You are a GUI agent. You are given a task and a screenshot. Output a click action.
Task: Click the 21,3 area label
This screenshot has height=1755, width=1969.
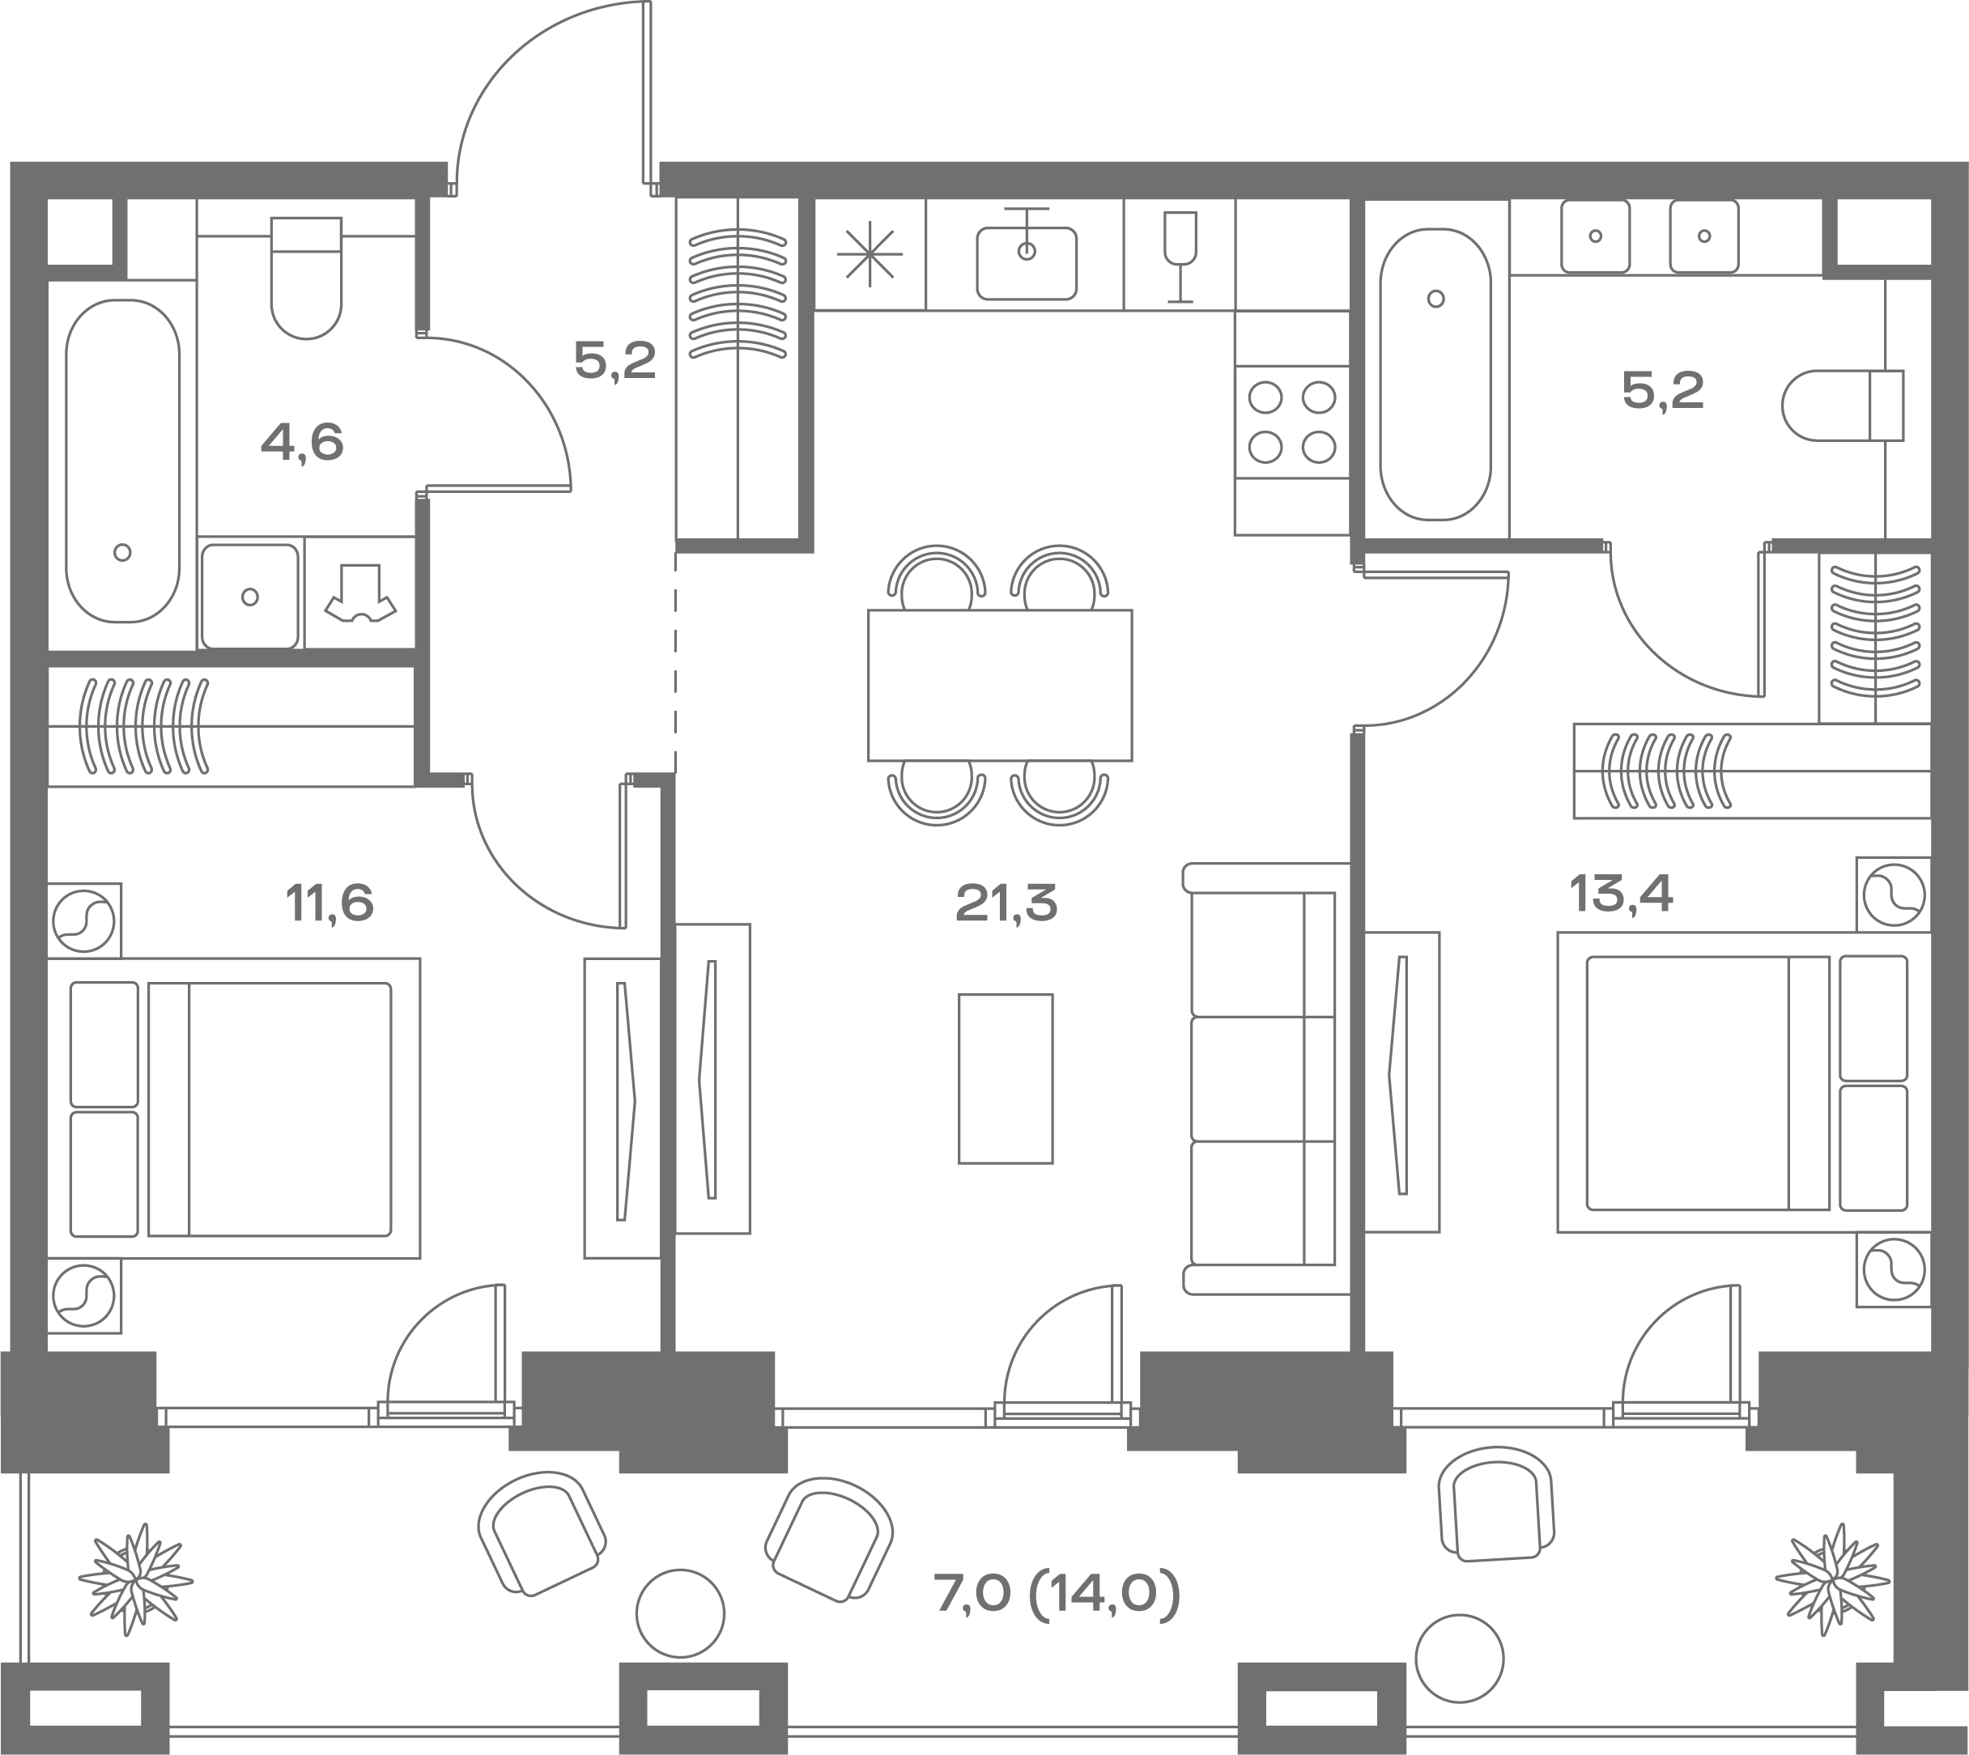pos(1006,903)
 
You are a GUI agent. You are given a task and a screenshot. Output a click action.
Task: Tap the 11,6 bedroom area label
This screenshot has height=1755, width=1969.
pos(329,903)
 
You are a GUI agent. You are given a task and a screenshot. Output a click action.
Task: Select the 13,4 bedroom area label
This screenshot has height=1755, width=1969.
pos(1621,894)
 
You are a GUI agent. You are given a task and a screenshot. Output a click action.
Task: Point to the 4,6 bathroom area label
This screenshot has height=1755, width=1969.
pos(302,443)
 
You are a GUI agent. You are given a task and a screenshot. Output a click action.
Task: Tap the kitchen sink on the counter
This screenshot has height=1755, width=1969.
pos(1027,257)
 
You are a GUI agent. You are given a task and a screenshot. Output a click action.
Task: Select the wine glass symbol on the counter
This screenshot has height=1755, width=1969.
pos(1180,257)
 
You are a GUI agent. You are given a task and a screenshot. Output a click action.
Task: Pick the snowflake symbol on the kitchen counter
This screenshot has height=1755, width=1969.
pos(870,254)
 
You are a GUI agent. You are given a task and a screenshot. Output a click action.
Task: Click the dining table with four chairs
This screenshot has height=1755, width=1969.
pos(999,686)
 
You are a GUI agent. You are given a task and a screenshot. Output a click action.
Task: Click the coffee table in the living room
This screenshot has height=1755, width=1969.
pos(1006,1078)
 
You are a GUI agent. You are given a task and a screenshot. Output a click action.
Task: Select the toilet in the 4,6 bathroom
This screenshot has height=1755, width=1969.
pos(307,278)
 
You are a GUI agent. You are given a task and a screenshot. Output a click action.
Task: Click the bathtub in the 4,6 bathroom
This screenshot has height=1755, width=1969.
pos(122,461)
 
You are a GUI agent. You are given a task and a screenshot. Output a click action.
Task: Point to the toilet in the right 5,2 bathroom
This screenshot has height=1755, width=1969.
pos(1843,406)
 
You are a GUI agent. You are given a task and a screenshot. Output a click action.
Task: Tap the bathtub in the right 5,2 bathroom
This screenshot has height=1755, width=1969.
pos(1435,374)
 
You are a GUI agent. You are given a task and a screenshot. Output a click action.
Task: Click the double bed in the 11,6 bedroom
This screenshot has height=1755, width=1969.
pos(233,1108)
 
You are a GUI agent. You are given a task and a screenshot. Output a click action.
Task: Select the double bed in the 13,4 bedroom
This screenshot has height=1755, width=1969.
pos(1743,1082)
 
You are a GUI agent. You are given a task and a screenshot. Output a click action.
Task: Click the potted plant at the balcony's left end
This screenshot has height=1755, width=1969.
pos(135,1579)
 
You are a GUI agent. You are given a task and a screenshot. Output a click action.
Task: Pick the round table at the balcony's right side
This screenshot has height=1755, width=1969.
pos(1460,1659)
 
